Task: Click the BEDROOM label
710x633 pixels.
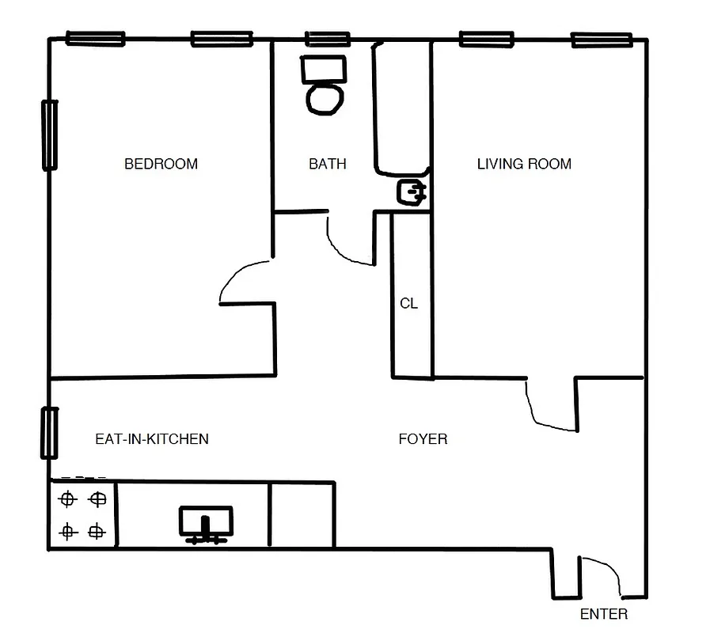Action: tap(161, 164)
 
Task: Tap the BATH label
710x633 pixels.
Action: tap(327, 164)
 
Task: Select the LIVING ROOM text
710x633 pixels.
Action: tap(524, 164)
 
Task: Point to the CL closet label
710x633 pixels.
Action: tap(408, 303)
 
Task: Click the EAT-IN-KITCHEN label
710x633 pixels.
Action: tap(152, 438)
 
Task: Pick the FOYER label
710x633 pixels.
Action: tap(423, 438)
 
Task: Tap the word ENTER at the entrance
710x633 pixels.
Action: tap(603, 614)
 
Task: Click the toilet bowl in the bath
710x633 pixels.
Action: tap(325, 99)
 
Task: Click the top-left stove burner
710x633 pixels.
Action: tap(67, 499)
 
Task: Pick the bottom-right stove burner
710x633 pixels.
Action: tap(97, 531)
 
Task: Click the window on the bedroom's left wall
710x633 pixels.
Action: tap(49, 135)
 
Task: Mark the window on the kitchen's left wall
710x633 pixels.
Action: tap(49, 433)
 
